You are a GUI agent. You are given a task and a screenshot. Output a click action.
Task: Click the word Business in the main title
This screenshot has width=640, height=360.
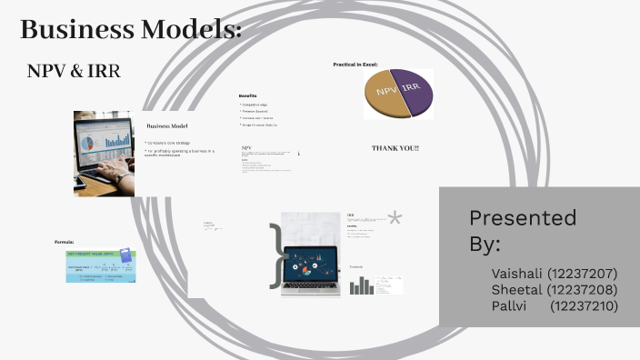[x=77, y=30]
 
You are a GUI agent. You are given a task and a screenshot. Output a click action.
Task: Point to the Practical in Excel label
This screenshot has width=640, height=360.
[x=355, y=65]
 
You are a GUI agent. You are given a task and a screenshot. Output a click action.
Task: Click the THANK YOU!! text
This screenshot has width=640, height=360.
[x=395, y=147]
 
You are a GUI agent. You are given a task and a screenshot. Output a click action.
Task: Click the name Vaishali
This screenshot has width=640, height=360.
[x=515, y=273]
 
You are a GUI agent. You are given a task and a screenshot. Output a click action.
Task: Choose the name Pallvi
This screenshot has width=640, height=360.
[x=509, y=306]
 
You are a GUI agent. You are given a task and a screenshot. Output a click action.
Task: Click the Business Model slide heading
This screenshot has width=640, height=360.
[x=166, y=125]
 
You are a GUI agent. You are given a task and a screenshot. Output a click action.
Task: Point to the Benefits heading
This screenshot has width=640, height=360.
[x=247, y=95]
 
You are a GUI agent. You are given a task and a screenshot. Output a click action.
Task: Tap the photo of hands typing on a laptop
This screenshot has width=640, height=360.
[x=104, y=153]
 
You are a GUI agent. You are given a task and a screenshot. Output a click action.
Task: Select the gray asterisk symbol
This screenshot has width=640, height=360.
[x=395, y=218]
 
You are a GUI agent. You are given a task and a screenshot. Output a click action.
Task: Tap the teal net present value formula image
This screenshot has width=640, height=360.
[x=100, y=265]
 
